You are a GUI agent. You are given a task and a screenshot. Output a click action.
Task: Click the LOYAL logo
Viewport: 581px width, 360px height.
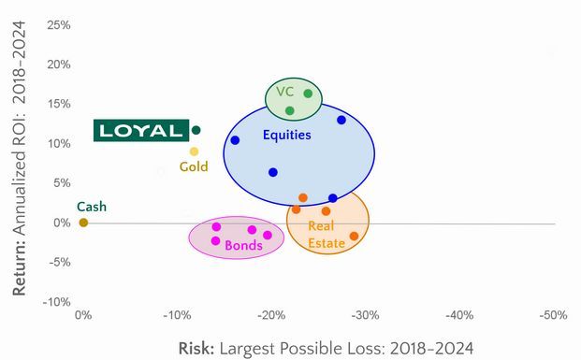coord(141,130)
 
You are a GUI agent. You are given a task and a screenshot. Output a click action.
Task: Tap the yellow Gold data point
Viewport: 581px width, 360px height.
coord(194,151)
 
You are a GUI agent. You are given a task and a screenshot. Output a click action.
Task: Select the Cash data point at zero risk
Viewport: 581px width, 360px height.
coord(83,223)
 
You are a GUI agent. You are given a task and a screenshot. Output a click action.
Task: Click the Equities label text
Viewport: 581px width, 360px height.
coord(286,136)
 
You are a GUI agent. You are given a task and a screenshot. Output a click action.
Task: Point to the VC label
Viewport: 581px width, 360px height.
coord(284,92)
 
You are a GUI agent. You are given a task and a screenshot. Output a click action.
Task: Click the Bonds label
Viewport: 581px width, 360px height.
coord(243,246)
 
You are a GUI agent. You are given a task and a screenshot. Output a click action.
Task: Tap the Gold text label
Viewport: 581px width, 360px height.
coord(194,167)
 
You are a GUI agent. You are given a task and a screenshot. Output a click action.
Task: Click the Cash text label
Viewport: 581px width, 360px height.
coord(91,207)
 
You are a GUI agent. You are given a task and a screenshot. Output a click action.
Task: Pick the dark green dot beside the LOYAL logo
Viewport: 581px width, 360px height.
coord(196,130)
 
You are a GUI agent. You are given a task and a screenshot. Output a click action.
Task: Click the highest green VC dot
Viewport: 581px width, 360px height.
coord(308,94)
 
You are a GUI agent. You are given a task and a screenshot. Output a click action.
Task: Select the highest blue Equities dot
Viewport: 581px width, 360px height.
coord(341,120)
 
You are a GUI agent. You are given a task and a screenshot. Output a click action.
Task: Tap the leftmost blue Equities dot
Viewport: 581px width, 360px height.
coord(235,140)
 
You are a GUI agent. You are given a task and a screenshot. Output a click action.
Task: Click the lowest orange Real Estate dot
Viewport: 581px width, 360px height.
coord(354,236)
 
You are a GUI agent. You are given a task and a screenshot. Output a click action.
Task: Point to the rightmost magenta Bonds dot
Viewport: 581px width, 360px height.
coord(268,236)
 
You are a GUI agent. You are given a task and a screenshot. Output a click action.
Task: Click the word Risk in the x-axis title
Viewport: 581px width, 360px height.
coord(196,348)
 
